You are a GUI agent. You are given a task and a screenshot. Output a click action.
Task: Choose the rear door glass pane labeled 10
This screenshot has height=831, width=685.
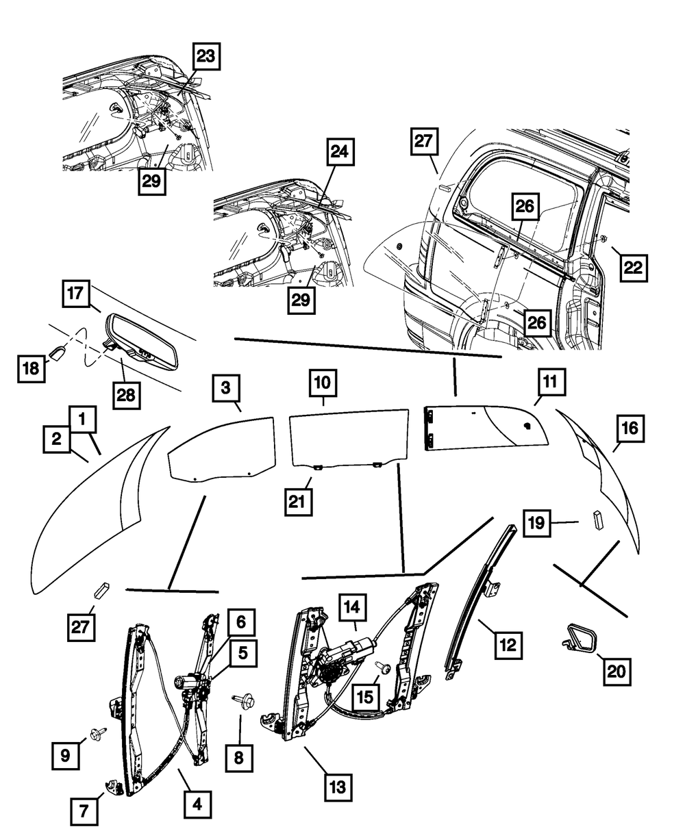click(x=348, y=435)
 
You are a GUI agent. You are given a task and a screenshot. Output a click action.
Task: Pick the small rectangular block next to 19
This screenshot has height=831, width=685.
click(x=598, y=520)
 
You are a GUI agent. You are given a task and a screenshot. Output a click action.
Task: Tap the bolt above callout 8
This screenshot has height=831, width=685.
click(x=243, y=699)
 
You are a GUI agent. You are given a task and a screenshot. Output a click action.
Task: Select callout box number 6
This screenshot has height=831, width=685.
click(x=240, y=622)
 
